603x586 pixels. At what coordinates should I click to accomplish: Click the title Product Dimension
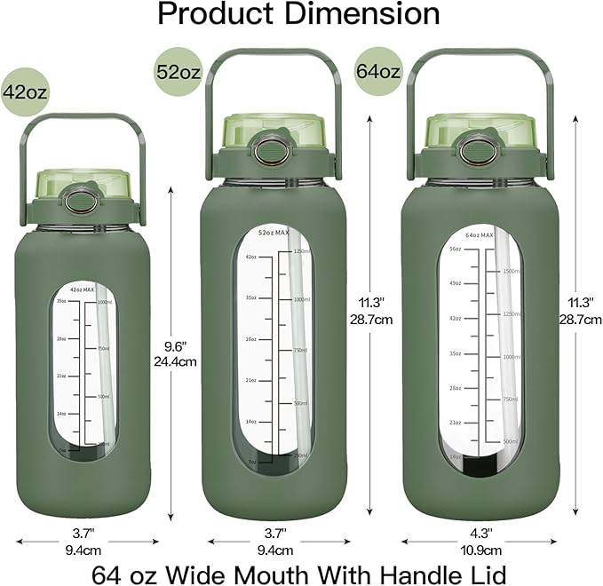coord(298,14)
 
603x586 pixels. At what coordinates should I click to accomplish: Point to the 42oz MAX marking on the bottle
coord(88,290)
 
